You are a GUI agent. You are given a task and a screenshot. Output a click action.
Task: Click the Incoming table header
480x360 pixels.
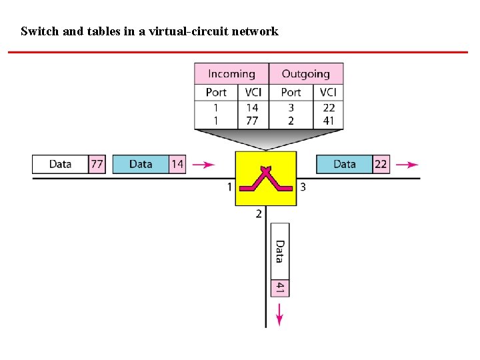(x=231, y=74)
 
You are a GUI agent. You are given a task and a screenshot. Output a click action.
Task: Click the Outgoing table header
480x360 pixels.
(x=305, y=74)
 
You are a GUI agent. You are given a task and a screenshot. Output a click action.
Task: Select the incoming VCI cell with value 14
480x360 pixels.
(x=253, y=107)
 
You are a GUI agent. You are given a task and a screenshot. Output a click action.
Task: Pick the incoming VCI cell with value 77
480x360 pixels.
(x=253, y=121)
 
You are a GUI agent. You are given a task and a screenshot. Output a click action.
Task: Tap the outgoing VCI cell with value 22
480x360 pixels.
(x=329, y=107)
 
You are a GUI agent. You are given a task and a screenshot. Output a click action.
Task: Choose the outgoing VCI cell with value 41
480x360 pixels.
(x=329, y=121)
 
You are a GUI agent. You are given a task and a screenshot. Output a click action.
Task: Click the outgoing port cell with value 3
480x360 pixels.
(x=291, y=107)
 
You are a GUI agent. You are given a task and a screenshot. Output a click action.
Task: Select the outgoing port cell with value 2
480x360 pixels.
(x=291, y=121)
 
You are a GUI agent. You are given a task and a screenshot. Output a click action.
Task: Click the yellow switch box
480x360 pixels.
(x=265, y=179)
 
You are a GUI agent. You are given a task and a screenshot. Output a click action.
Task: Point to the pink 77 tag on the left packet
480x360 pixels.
(x=97, y=164)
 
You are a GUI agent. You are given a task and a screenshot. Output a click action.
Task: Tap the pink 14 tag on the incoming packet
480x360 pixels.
(x=177, y=164)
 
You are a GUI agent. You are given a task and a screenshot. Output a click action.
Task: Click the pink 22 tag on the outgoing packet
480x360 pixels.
(x=381, y=164)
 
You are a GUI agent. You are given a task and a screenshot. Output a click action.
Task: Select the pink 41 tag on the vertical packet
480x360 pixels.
(x=281, y=288)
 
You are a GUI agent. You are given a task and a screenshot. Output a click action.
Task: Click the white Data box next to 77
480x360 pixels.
(x=60, y=164)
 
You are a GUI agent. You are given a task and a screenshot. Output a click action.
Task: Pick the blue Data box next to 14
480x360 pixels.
(x=141, y=164)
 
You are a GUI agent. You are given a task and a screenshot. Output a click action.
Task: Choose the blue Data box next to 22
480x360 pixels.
(x=344, y=164)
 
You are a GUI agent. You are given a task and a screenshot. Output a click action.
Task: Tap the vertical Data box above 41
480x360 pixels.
(x=281, y=251)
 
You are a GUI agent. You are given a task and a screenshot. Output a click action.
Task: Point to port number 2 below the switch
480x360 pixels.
(x=259, y=214)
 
